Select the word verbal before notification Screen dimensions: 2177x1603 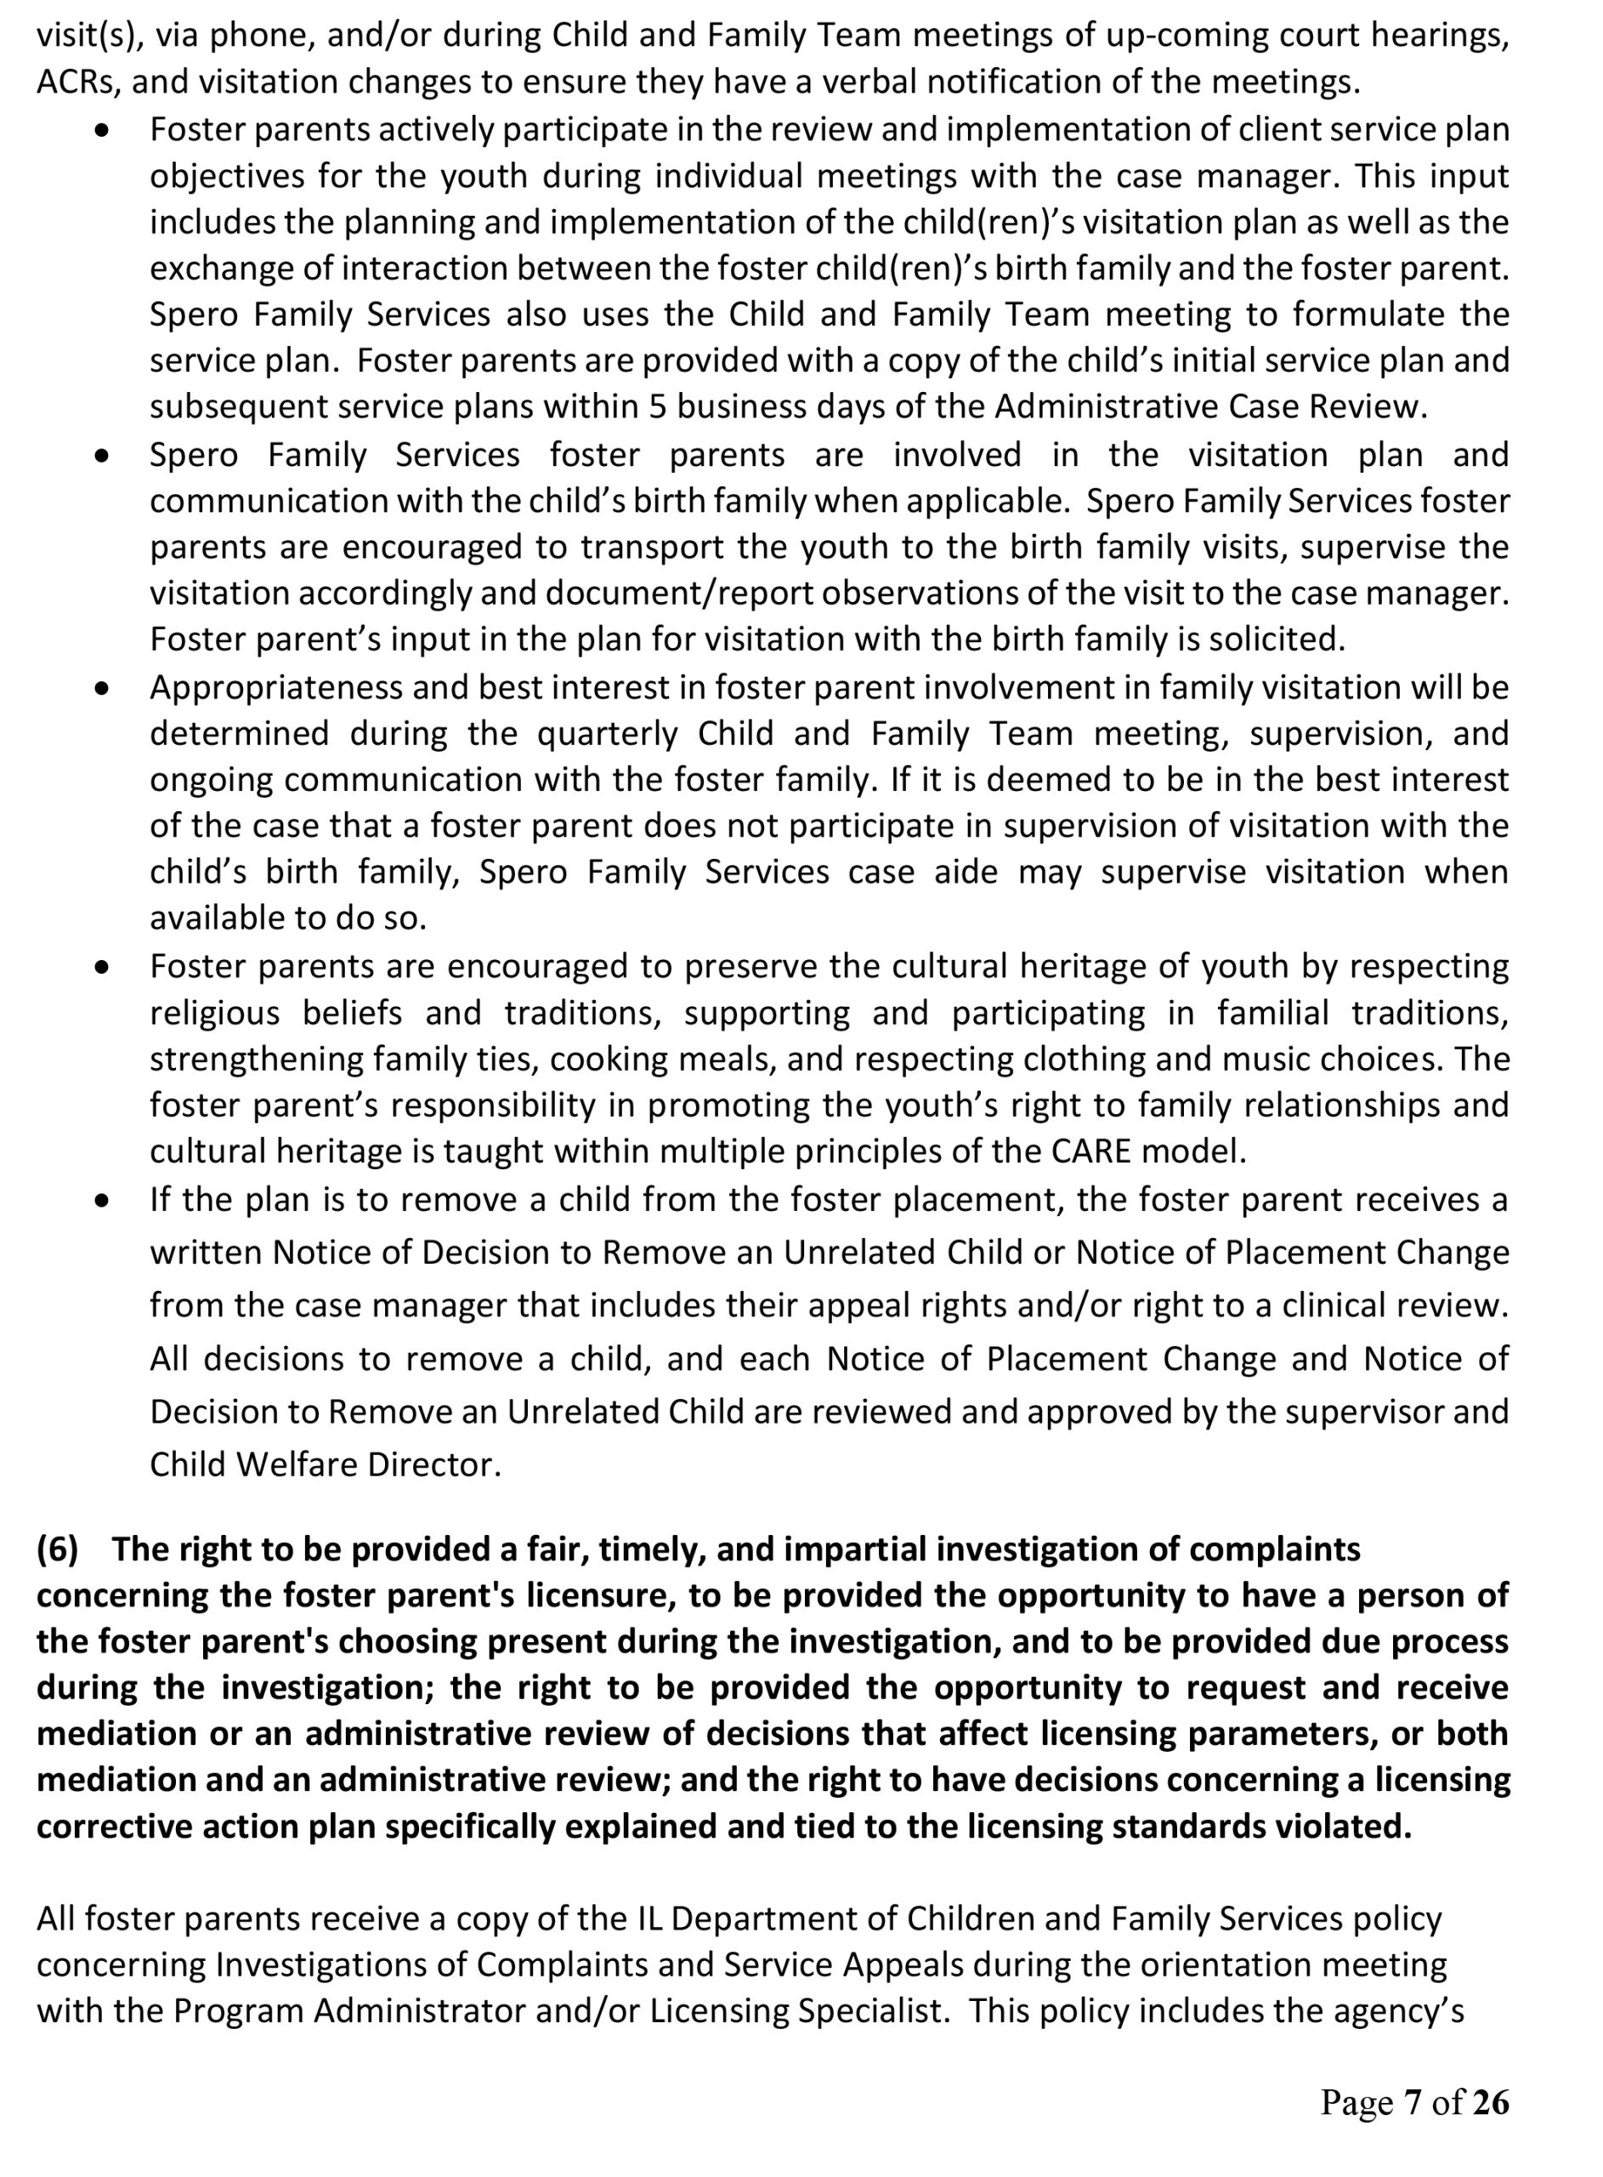[855, 82]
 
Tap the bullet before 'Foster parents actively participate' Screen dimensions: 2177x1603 [102, 130]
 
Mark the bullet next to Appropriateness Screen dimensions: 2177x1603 [102, 688]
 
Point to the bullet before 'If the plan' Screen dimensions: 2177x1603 [102, 1202]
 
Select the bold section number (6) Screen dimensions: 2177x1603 [57, 1549]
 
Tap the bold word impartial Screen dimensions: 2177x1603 [853, 1549]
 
